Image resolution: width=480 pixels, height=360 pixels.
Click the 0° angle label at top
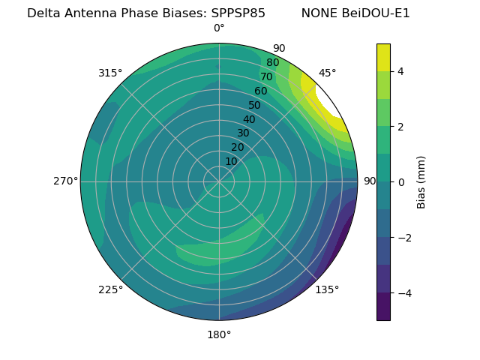pos(219,28)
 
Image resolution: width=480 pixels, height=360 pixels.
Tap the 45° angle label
pos(328,73)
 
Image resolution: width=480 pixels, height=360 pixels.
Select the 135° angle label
pos(327,289)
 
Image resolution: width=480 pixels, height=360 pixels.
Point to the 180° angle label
pos(219,334)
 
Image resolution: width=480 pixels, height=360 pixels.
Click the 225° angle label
pos(110,289)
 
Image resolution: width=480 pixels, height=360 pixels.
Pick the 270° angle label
pos(65,181)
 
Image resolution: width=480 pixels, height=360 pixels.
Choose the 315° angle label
pos(110,73)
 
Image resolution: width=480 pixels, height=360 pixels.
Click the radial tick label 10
pos(231,161)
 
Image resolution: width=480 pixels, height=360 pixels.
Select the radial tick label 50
pos(255,105)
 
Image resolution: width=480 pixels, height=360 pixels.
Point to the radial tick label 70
pos(266,77)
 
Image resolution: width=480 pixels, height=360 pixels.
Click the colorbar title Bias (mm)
pos(421,181)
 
